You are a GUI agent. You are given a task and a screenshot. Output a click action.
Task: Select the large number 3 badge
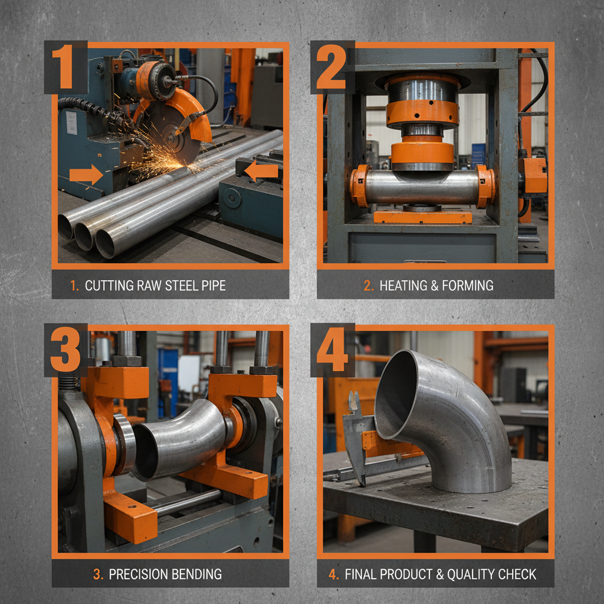(x=65, y=349)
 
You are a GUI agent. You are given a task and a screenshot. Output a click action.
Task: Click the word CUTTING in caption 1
(x=110, y=286)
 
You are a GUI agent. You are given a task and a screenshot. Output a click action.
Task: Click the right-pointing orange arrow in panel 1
(x=85, y=175)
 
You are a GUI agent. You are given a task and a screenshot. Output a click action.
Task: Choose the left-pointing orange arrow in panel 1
(x=261, y=172)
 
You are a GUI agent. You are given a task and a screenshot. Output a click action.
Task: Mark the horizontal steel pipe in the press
(x=422, y=187)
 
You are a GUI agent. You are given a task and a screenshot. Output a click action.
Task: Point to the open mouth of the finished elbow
(x=396, y=395)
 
